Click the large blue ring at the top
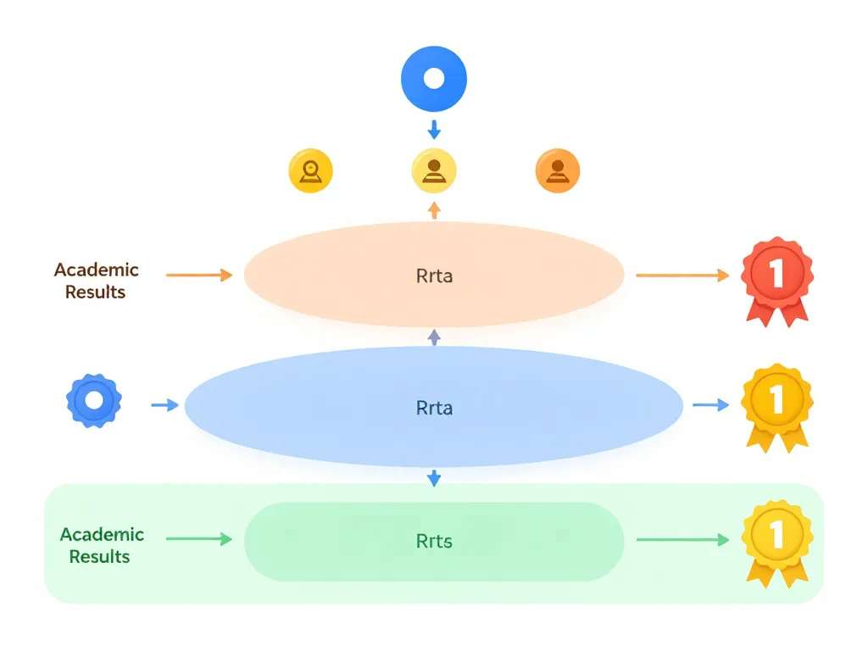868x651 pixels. tap(434, 79)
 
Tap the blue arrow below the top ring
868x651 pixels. tap(434, 130)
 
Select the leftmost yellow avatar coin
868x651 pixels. tap(311, 171)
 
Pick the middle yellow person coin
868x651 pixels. tap(434, 171)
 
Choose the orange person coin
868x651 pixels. tap(558, 171)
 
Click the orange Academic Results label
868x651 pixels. tap(96, 281)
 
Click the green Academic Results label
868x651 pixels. tap(101, 545)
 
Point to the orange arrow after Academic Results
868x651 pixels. tap(199, 275)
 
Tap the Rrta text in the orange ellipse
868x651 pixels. tap(434, 275)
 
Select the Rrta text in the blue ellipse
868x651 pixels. tap(434, 408)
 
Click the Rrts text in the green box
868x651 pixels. tap(434, 541)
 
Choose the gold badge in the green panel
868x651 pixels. tap(776, 540)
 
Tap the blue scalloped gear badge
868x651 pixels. tap(94, 401)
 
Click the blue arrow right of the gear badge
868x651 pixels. tap(164, 406)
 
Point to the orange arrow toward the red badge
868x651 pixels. tap(682, 275)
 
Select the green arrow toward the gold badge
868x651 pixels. tap(682, 539)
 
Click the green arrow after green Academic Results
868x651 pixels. tap(199, 539)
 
